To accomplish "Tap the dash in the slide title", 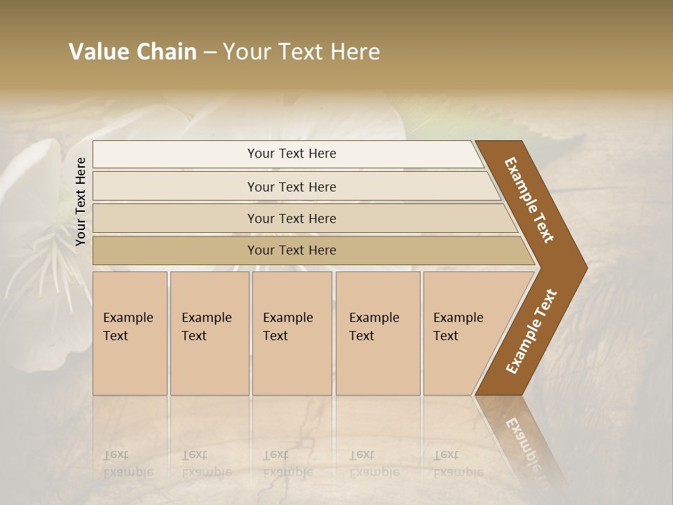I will pos(210,53).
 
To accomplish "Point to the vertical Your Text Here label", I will pos(81,201).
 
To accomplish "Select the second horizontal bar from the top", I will pos(291,187).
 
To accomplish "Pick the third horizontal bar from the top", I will pos(291,218).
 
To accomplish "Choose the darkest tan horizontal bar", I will pos(291,250).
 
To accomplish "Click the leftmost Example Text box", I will pos(130,333).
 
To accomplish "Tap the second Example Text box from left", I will pos(209,333).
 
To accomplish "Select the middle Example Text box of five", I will pos(292,333).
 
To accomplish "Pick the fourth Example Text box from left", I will pos(378,333).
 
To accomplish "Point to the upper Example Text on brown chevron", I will pos(529,200).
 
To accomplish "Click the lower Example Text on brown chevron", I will pos(531,332).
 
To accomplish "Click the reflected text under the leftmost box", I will pos(128,464).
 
